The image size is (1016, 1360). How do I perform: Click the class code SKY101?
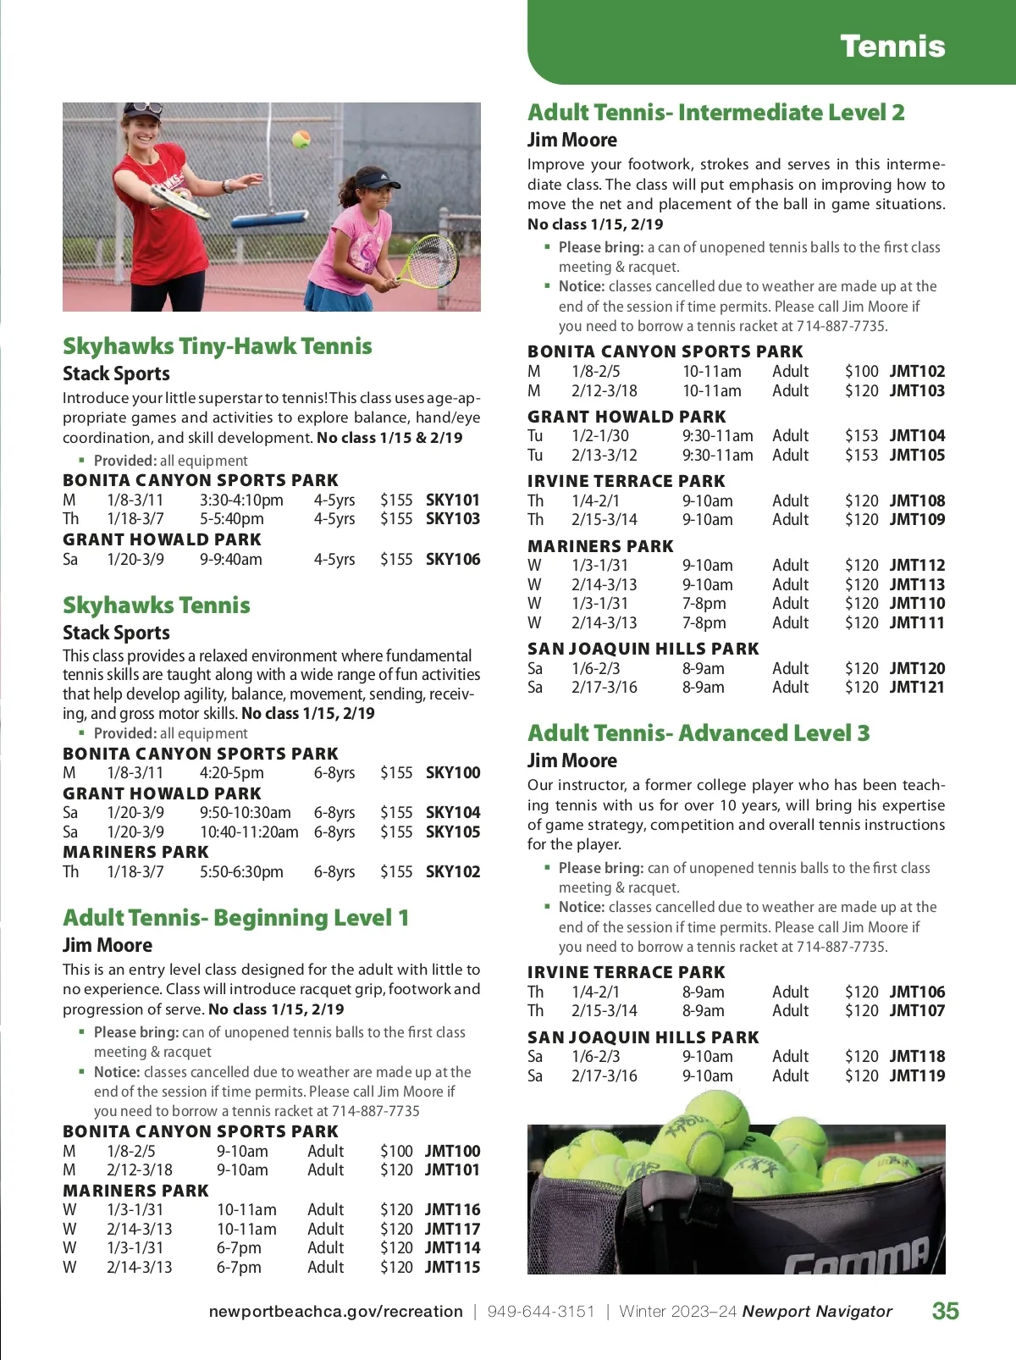click(452, 500)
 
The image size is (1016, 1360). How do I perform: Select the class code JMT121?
click(917, 687)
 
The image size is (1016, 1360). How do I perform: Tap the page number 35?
click(945, 1311)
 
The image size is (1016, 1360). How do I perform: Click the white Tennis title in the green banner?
click(892, 46)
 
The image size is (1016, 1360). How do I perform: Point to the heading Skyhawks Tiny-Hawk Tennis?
click(217, 346)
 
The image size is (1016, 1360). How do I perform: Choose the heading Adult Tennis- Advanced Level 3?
click(698, 733)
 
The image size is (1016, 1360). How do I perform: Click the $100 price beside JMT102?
click(861, 371)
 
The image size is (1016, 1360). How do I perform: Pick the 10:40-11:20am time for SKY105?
click(249, 832)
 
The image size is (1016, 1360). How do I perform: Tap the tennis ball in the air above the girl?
click(301, 139)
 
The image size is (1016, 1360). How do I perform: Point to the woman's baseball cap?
click(141, 110)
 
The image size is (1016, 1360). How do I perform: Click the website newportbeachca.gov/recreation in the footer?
click(335, 1312)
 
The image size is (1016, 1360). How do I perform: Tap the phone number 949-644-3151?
click(541, 1312)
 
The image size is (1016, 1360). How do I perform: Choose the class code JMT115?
click(452, 1267)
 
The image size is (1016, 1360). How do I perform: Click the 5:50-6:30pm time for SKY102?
click(241, 871)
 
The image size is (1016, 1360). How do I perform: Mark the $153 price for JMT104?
click(861, 435)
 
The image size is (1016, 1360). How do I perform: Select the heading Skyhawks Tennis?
click(156, 605)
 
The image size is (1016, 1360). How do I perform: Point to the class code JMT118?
click(917, 1056)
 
